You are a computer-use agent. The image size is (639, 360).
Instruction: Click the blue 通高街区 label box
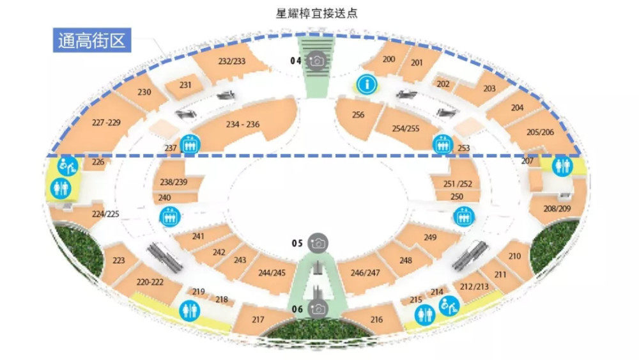coord(92,40)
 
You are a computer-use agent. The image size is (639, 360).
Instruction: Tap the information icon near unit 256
coord(367,84)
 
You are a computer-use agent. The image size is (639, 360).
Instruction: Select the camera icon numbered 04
coord(317,61)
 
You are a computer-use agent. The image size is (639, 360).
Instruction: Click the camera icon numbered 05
coord(318,244)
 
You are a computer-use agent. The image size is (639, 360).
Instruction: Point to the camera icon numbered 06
coord(318,309)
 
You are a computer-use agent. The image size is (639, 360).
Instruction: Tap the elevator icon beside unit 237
coord(190,145)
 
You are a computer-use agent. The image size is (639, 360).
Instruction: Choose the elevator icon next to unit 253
coord(443,145)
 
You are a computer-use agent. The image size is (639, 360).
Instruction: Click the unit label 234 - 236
coord(242,124)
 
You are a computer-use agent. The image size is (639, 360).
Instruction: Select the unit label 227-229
coord(106,122)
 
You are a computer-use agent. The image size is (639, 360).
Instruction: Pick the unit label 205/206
coord(540,132)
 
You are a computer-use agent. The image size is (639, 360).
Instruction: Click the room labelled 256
coord(358,114)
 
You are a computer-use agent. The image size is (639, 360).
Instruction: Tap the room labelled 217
coord(258,319)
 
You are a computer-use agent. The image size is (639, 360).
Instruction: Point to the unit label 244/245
coord(272,273)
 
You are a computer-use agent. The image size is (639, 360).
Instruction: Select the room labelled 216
coord(376,319)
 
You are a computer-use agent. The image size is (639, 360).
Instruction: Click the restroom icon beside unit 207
coord(562,166)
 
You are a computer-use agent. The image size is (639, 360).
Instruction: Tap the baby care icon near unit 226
coord(67,166)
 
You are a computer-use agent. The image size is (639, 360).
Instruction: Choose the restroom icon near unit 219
coord(189,311)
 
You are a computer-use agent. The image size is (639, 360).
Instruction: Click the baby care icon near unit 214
coord(449,306)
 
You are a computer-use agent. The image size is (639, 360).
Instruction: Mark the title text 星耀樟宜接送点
coord(317,13)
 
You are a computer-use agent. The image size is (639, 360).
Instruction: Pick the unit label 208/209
coord(557,208)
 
